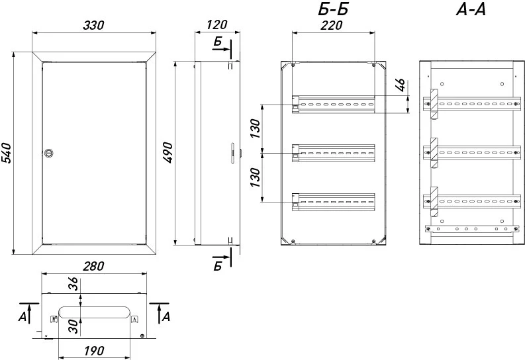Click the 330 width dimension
point(94,25)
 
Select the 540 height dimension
point(6,154)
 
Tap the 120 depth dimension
point(217,24)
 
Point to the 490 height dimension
point(167,153)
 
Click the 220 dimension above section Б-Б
point(332,25)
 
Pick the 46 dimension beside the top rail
point(401,85)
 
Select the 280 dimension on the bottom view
point(94,266)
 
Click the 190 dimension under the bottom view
point(94,351)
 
